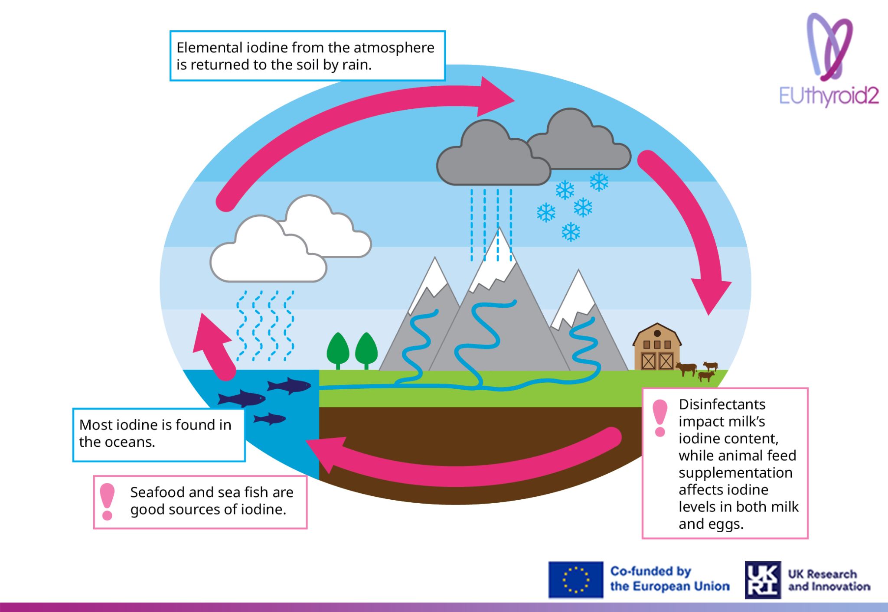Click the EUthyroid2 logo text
[829, 96]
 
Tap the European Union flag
[576, 579]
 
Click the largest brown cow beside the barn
[686, 369]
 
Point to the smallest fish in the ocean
[270, 419]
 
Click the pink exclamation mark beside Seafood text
[107, 501]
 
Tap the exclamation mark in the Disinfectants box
[660, 418]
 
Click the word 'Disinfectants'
[722, 404]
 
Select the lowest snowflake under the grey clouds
[571, 232]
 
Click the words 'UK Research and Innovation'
[829, 580]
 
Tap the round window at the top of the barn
[657, 333]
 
